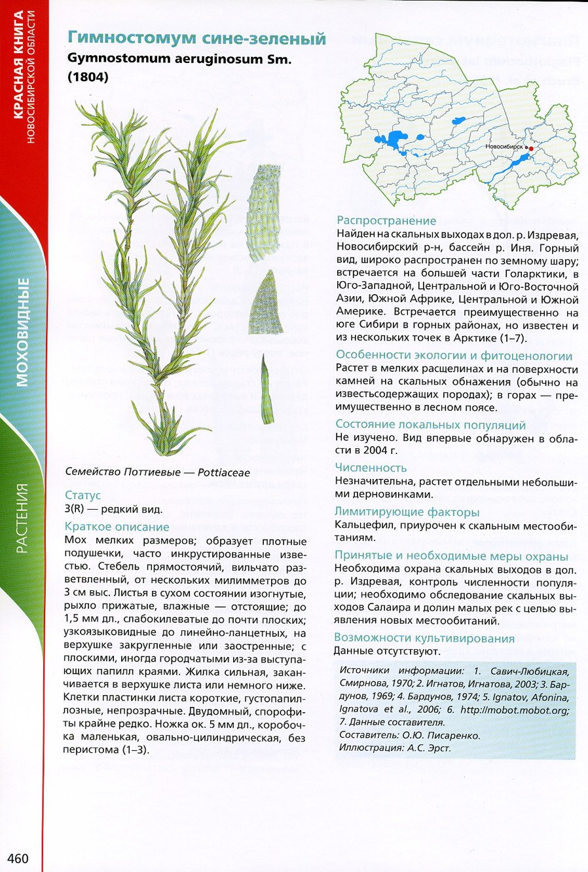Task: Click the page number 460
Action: [x=18, y=858]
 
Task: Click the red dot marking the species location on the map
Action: [x=531, y=149]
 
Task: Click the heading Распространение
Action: [x=386, y=221]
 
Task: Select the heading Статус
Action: [x=83, y=495]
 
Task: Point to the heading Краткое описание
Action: [x=117, y=527]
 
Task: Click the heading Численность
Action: [x=371, y=468]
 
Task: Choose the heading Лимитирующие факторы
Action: [x=407, y=512]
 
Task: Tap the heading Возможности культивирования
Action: [x=424, y=638]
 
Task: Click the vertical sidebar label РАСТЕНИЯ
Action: [x=23, y=518]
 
